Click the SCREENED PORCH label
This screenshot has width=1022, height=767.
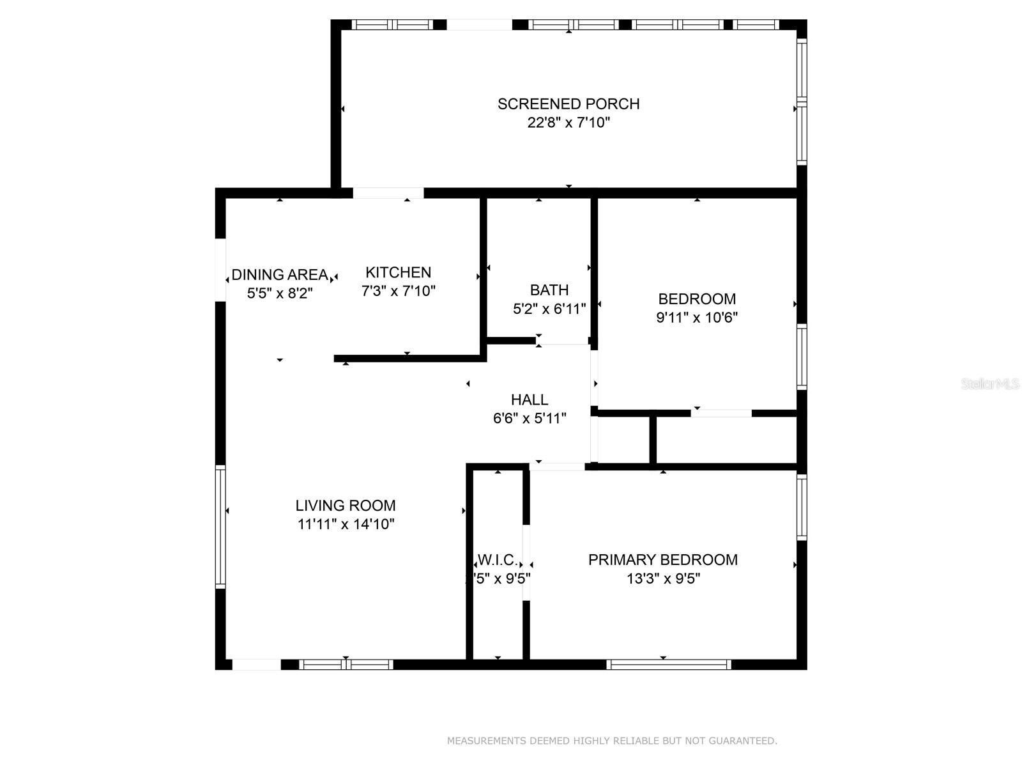click(568, 104)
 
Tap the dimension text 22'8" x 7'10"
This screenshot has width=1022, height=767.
click(568, 123)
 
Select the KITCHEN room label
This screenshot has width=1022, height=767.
click(398, 272)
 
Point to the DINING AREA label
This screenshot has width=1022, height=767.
click(280, 275)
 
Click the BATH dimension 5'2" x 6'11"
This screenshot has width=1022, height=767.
click(549, 309)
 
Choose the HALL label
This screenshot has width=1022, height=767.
click(529, 400)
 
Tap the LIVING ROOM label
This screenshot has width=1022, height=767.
click(346, 506)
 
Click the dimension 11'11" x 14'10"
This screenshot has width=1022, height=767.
click(346, 525)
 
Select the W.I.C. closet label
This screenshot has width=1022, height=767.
click(498, 561)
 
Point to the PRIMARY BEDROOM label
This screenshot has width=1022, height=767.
click(662, 560)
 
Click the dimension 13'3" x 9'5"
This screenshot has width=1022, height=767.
click(662, 579)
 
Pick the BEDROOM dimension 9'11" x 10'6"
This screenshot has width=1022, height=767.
click(697, 318)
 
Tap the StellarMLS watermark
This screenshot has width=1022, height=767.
click(989, 384)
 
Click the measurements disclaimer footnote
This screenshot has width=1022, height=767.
click(611, 741)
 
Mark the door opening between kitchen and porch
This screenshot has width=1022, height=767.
click(388, 193)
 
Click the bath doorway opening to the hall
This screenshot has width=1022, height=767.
click(563, 341)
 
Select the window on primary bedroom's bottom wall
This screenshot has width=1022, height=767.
click(668, 665)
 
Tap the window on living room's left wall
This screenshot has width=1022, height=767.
click(220, 526)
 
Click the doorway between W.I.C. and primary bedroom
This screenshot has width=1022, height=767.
click(526, 562)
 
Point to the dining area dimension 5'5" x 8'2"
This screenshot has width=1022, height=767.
click(280, 293)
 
